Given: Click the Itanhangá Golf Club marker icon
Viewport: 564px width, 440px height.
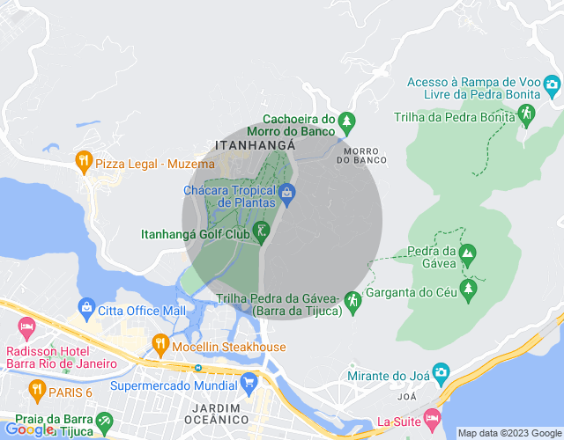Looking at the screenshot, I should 261,231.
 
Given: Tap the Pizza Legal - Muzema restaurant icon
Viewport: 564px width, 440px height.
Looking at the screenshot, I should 84,160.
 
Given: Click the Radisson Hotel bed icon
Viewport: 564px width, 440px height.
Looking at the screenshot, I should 26,328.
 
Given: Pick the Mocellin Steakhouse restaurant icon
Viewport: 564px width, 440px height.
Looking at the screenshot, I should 160,343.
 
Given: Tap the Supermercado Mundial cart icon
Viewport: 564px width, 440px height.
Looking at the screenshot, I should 249,382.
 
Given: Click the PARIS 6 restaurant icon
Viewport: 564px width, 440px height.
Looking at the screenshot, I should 37,387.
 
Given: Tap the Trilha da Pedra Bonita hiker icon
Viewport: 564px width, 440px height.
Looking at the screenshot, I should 526,114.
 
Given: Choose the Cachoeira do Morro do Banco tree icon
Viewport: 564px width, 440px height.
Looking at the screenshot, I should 347,120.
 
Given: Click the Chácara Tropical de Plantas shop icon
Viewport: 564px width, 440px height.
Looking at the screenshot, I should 286,192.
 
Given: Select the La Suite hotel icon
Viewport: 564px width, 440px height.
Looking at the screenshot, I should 431,416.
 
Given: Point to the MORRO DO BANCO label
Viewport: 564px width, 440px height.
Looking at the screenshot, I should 361,155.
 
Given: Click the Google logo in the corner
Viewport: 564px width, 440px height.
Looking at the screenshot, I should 28,429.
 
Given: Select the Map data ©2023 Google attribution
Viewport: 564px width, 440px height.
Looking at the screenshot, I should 508,433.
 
